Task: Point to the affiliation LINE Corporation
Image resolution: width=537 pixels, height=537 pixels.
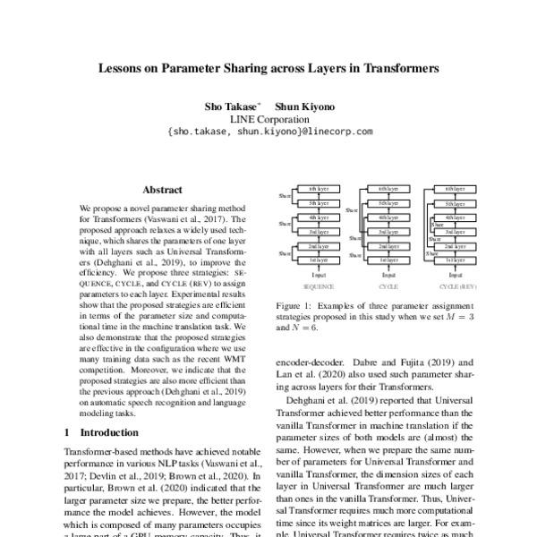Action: [269, 117]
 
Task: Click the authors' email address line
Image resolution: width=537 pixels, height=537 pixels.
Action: [269, 131]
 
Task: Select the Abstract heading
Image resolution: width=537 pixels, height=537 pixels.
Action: [163, 190]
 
